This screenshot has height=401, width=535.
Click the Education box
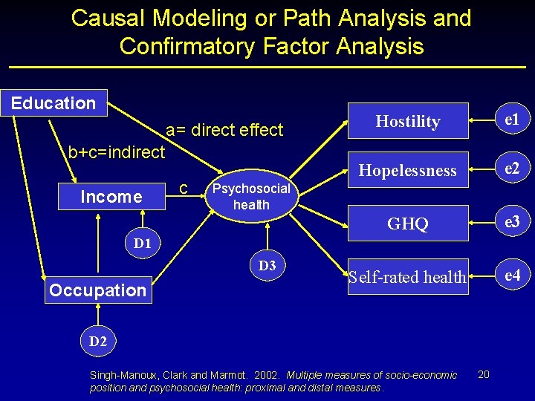pyautogui.click(x=53, y=103)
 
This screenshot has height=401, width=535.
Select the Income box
pyautogui.click(x=111, y=197)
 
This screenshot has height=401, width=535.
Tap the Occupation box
pyautogui.click(x=97, y=290)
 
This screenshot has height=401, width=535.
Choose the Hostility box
pyautogui.click(x=408, y=121)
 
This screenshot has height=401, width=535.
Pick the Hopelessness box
pyautogui.click(x=408, y=170)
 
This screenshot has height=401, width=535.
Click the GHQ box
pyautogui.click(x=408, y=224)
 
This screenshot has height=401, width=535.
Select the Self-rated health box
pyautogui.click(x=408, y=277)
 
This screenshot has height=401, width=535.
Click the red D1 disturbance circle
pyautogui.click(x=142, y=243)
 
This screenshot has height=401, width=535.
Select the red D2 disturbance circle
pyautogui.click(x=97, y=342)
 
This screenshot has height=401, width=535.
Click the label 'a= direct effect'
pyautogui.click(x=224, y=131)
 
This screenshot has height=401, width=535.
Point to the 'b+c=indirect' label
pyautogui.click(x=117, y=153)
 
